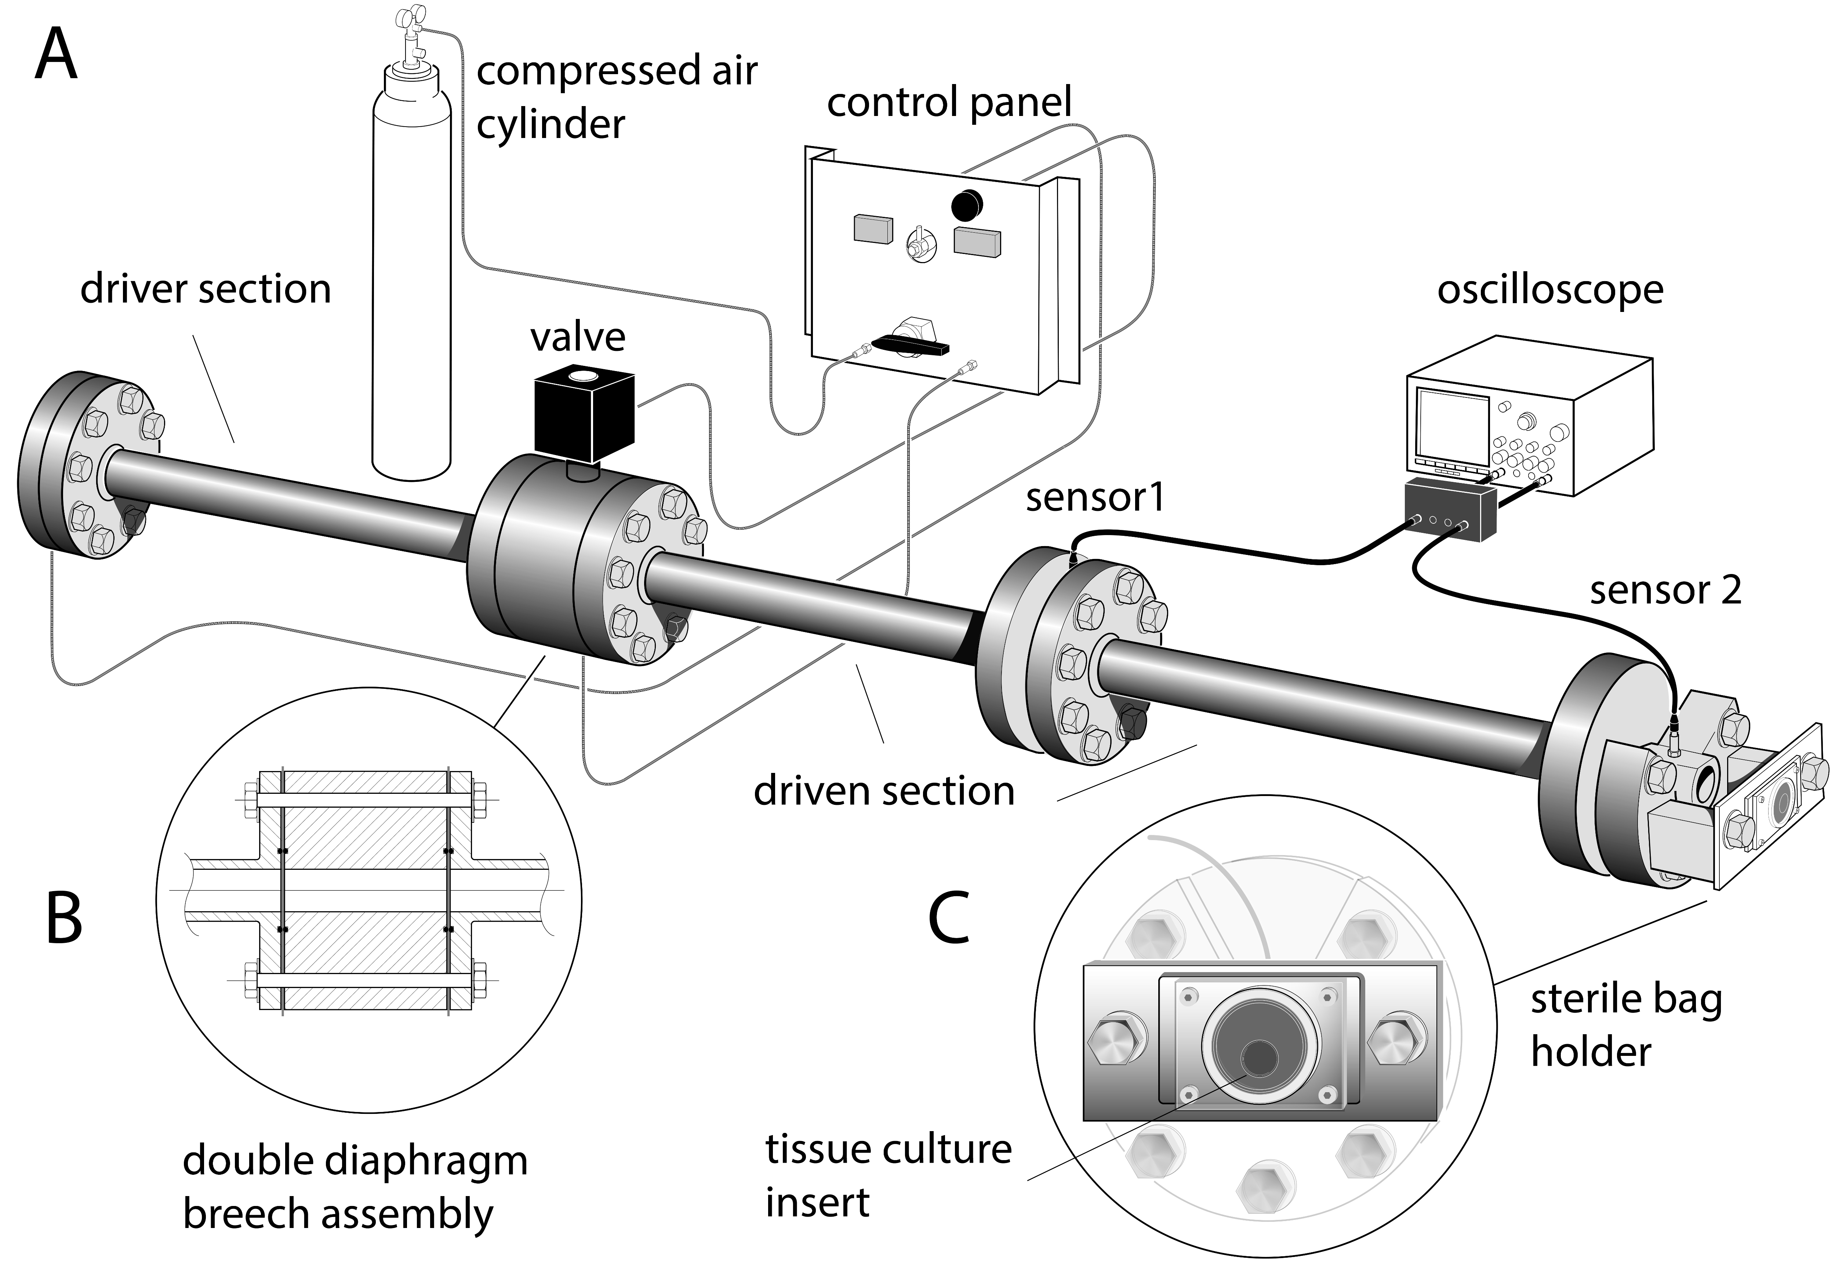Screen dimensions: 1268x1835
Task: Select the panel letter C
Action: (949, 918)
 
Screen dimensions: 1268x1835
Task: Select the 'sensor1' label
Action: (1095, 498)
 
